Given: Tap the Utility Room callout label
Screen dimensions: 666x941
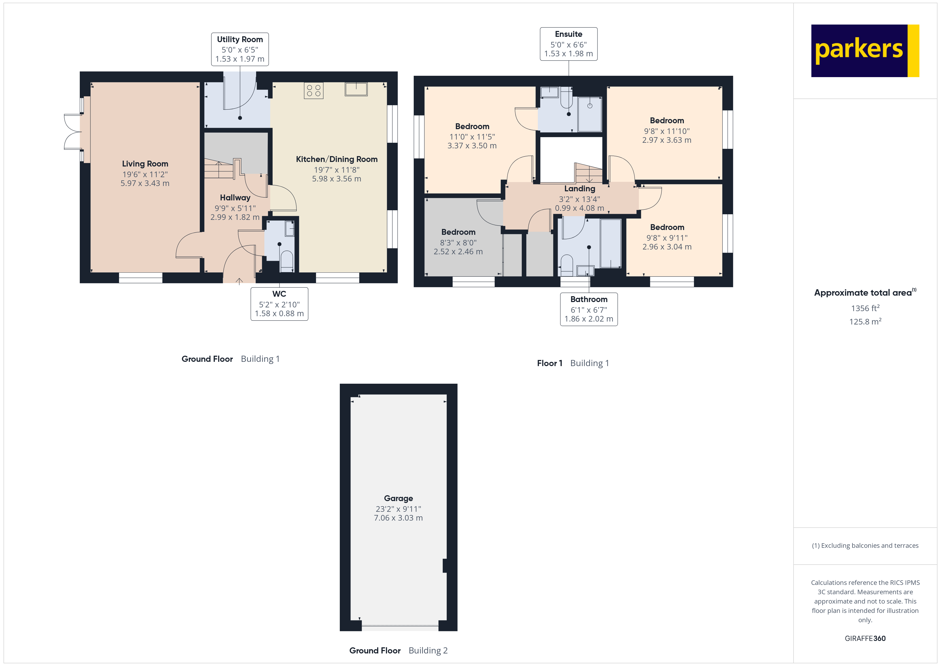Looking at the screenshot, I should (x=240, y=49).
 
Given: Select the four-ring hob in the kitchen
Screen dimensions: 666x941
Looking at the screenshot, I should (x=313, y=91).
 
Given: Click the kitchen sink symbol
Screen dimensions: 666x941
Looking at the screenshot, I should (x=356, y=89).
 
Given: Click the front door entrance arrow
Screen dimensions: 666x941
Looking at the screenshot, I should (x=239, y=281).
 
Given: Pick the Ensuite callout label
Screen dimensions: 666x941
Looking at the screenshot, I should (x=568, y=44).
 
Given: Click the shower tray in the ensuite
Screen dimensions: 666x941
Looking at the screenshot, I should (x=590, y=114).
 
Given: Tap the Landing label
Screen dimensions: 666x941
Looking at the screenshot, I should (x=580, y=189).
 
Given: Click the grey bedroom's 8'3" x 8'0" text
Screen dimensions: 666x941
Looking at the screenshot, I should (x=458, y=242).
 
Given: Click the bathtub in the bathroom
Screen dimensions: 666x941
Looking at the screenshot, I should (x=611, y=244).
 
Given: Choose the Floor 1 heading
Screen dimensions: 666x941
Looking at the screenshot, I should (x=549, y=363).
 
